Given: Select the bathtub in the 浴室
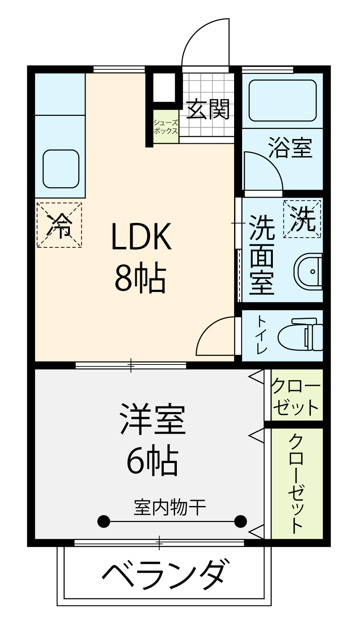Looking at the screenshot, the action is coord(283,100).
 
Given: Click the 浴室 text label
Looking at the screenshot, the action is coord(291,147).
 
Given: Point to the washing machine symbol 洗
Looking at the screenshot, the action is coord(302,219).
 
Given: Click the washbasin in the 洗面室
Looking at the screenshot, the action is coord(308,271).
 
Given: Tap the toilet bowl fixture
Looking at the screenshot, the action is coord(301,335).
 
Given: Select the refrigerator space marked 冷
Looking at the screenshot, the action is coord(59,225).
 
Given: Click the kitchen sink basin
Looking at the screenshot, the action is coord(61,169).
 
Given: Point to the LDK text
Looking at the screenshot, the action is coord(142,236).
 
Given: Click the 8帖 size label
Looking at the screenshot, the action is coord(140,278).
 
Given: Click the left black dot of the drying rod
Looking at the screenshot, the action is coord(104,521).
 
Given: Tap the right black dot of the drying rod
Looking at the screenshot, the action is coord(241,521).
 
